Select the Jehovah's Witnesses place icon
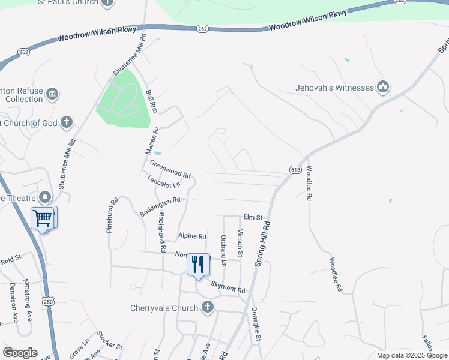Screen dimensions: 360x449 [x=383, y=88]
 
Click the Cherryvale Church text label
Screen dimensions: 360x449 [x=164, y=308]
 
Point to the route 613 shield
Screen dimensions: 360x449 [x=294, y=170]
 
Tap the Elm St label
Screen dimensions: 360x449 [x=253, y=217]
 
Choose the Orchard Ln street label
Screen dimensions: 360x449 [x=223, y=250]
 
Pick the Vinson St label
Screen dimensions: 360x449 [x=240, y=244]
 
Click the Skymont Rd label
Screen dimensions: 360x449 [x=228, y=289]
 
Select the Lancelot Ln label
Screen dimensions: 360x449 [x=164, y=182]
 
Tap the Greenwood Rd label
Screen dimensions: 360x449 [x=170, y=169]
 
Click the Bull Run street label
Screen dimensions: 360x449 [x=151, y=102]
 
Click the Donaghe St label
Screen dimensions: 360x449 [x=256, y=326]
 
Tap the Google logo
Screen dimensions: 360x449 [x=20, y=353]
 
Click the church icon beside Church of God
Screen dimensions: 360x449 [x=66, y=123]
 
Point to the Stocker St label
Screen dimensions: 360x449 [x=110, y=341]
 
